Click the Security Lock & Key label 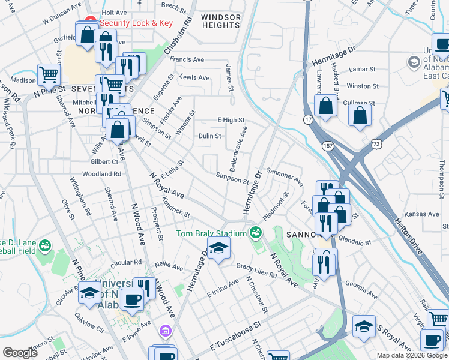pos(136,23)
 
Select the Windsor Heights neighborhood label pos(220,21)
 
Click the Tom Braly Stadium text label pos(211,233)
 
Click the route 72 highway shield pos(376,144)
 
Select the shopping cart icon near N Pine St pos(49,75)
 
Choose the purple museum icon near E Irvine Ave pos(165,331)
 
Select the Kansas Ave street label pos(421,214)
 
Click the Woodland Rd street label pos(101,174)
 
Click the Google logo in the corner pos(20,353)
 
